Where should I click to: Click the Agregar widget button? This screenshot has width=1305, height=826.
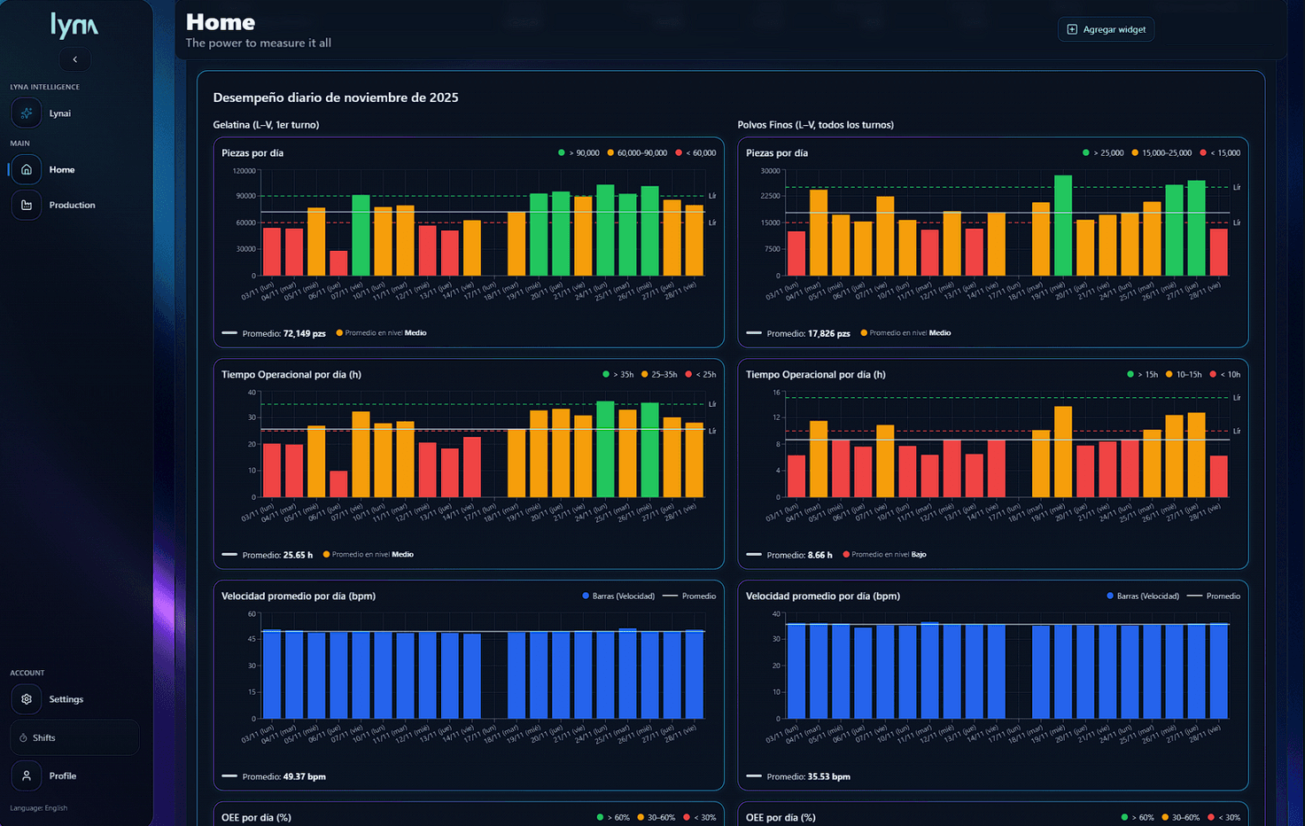point(1106,29)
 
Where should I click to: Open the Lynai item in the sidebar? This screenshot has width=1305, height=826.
point(59,113)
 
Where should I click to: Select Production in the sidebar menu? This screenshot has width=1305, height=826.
point(72,205)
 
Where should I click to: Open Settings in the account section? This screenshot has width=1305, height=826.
point(66,699)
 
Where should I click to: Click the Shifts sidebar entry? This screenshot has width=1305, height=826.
point(43,737)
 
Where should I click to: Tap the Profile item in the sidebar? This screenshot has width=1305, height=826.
point(62,775)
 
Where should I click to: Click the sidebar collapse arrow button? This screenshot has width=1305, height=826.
point(74,59)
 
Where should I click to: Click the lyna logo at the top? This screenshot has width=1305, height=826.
point(74,25)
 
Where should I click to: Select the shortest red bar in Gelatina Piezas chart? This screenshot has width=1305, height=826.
point(338,263)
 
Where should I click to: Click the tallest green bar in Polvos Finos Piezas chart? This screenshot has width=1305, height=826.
point(1062,225)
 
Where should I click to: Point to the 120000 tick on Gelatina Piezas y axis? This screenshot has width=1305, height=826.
point(244,171)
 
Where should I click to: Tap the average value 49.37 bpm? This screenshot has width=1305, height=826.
point(304,777)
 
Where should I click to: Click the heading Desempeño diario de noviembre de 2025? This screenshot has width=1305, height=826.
point(336,97)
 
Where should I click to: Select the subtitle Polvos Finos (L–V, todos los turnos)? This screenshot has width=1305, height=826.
point(815,125)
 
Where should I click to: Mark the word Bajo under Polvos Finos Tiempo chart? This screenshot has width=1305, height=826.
point(919,555)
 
